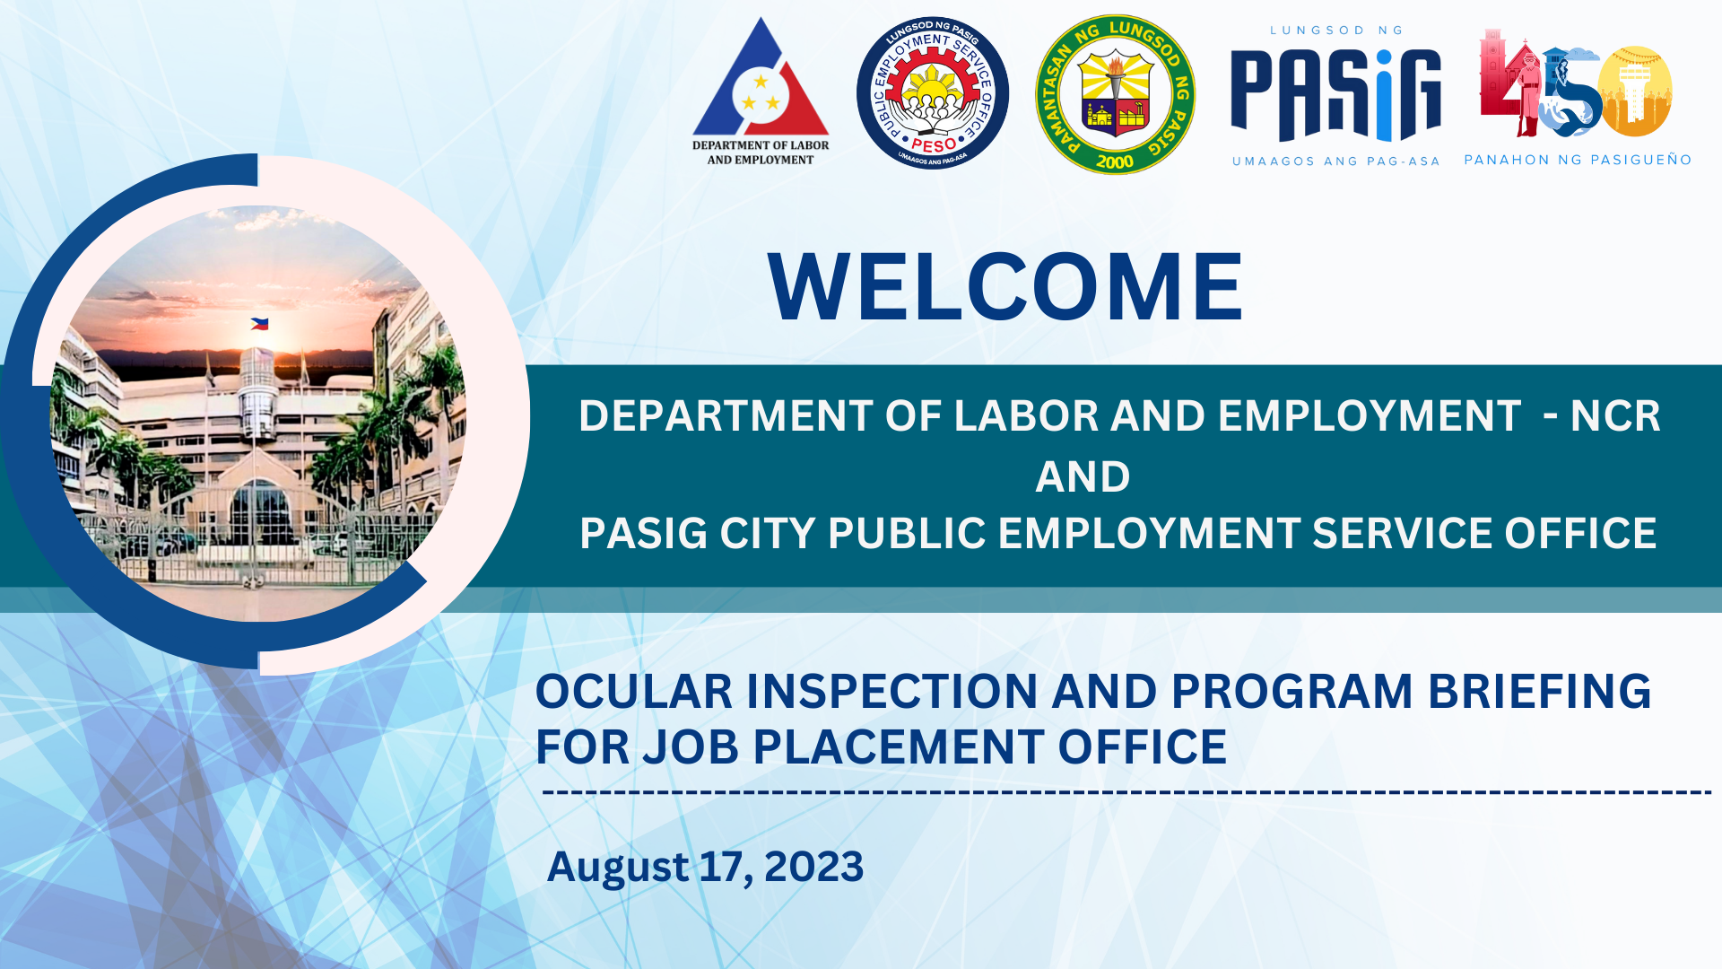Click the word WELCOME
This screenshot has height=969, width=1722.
[x=1005, y=287]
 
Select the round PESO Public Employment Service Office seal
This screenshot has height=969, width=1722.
[x=933, y=93]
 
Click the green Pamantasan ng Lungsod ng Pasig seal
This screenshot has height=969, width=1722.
[x=1115, y=94]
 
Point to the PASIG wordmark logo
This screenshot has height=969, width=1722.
[x=1335, y=95]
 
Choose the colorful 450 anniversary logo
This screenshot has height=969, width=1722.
[x=1575, y=85]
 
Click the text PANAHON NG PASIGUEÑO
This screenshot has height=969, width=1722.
[x=1578, y=161]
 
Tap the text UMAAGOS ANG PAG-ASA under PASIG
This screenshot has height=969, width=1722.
[x=1335, y=161]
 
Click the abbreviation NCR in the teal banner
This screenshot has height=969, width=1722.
[x=1614, y=416]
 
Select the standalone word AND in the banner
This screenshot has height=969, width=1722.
[x=1083, y=476]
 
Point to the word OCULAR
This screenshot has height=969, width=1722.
[x=633, y=692]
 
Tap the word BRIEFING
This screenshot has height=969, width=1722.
[x=1539, y=692]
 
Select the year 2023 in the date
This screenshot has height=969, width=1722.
[x=813, y=867]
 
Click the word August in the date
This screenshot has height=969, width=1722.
[x=618, y=867]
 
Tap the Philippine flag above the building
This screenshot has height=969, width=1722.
[x=259, y=324]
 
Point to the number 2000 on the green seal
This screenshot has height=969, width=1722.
[x=1115, y=162]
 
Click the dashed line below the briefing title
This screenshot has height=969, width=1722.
[x=1126, y=792]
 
